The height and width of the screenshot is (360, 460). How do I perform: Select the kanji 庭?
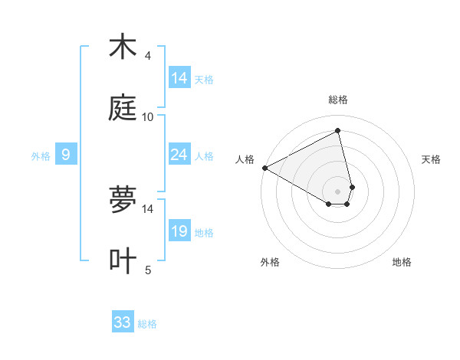123,108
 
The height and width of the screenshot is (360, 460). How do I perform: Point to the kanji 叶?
123,260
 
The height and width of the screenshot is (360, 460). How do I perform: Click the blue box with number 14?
179,78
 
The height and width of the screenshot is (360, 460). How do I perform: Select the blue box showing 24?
179,155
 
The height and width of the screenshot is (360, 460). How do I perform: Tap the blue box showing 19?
179,231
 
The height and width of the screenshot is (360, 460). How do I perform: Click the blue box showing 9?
66,155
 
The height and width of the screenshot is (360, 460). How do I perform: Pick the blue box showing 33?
123,322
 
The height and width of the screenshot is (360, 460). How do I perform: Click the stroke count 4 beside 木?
148,56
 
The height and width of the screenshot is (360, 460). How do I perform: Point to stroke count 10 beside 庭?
148,116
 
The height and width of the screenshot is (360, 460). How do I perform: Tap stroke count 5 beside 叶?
148,270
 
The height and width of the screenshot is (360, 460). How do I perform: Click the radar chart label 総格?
338,100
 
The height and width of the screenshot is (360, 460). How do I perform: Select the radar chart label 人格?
245,159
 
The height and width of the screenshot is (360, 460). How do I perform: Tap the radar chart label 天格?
432,159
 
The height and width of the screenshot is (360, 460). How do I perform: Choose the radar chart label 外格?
270,262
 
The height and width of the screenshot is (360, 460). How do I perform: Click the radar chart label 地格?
402,262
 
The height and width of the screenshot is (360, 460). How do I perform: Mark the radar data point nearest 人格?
264,168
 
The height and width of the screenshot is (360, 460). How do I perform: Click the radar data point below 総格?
338,130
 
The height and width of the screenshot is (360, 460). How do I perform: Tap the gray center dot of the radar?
338,191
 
